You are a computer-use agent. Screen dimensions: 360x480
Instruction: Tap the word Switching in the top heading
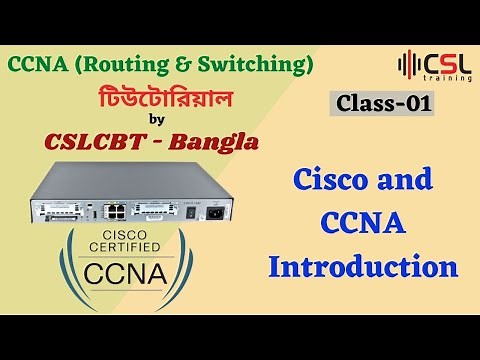tap(261, 65)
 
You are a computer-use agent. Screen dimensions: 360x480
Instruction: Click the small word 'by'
tap(153, 119)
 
